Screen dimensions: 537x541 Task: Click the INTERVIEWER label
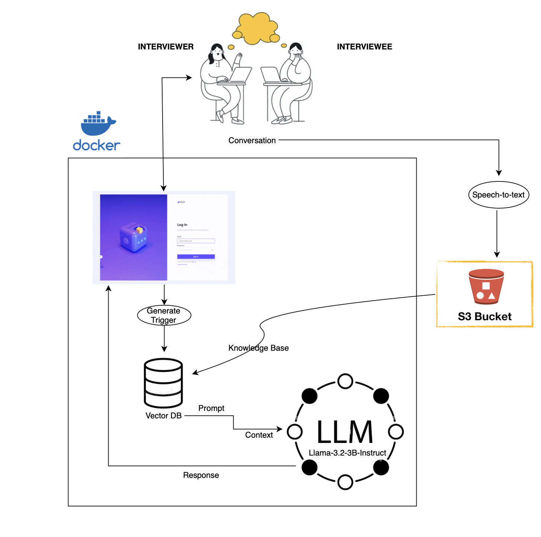[166, 47]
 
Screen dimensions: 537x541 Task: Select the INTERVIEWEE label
[364, 47]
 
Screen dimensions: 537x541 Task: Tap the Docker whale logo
[98, 124]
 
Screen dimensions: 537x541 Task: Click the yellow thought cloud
[256, 28]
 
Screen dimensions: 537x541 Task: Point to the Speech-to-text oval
[498, 195]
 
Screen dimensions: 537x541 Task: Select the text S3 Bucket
[484, 316]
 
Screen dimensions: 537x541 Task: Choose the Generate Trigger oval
[164, 315]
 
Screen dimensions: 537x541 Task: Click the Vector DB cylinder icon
[163, 383]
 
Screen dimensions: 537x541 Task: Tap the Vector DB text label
[163, 416]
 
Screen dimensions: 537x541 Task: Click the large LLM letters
[345, 432]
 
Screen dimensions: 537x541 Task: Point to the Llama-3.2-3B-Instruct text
[347, 453]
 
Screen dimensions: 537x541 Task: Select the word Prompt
[211, 408]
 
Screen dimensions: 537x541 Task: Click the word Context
[259, 435]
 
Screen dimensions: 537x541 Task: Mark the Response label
[201, 475]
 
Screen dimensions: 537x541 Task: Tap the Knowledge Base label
[259, 348]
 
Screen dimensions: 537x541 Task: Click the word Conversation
[252, 141]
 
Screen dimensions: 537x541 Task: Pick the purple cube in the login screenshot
[133, 238]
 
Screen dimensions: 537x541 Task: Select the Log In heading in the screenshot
[182, 225]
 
